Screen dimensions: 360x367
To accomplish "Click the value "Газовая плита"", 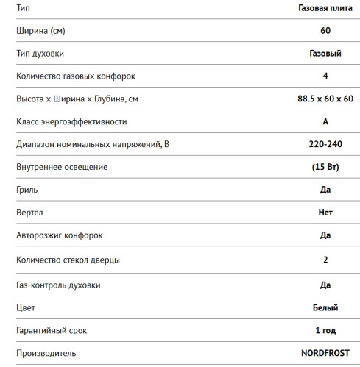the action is [x=325, y=7].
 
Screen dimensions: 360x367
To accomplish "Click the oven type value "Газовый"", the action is [x=325, y=54].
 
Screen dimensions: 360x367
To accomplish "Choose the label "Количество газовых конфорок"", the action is [x=75, y=76].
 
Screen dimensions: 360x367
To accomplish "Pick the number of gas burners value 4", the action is [x=325, y=76].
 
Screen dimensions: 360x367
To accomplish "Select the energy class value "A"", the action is [x=325, y=122].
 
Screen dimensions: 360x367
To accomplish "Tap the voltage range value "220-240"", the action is [x=325, y=144].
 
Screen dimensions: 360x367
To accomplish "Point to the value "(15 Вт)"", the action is [x=325, y=167].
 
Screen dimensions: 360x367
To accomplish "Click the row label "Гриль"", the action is [x=27, y=190].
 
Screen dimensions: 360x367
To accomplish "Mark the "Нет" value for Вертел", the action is [x=325, y=213].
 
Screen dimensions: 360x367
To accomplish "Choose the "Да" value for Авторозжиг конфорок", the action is [x=325, y=235].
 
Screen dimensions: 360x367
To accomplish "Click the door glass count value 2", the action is [x=325, y=260].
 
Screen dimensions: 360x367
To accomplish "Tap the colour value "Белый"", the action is [x=325, y=307].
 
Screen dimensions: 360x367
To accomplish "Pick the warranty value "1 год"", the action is [x=325, y=330].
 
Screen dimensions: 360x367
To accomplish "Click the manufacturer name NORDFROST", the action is [x=325, y=353].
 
